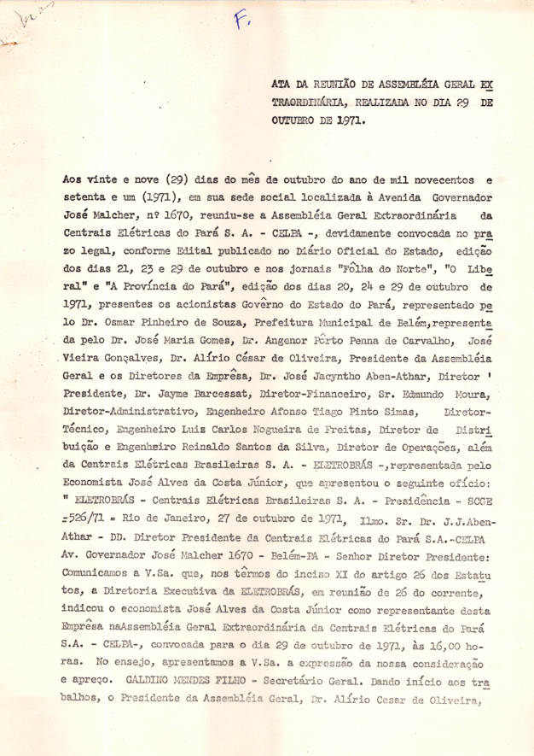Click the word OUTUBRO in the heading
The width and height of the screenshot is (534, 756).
(295, 120)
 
